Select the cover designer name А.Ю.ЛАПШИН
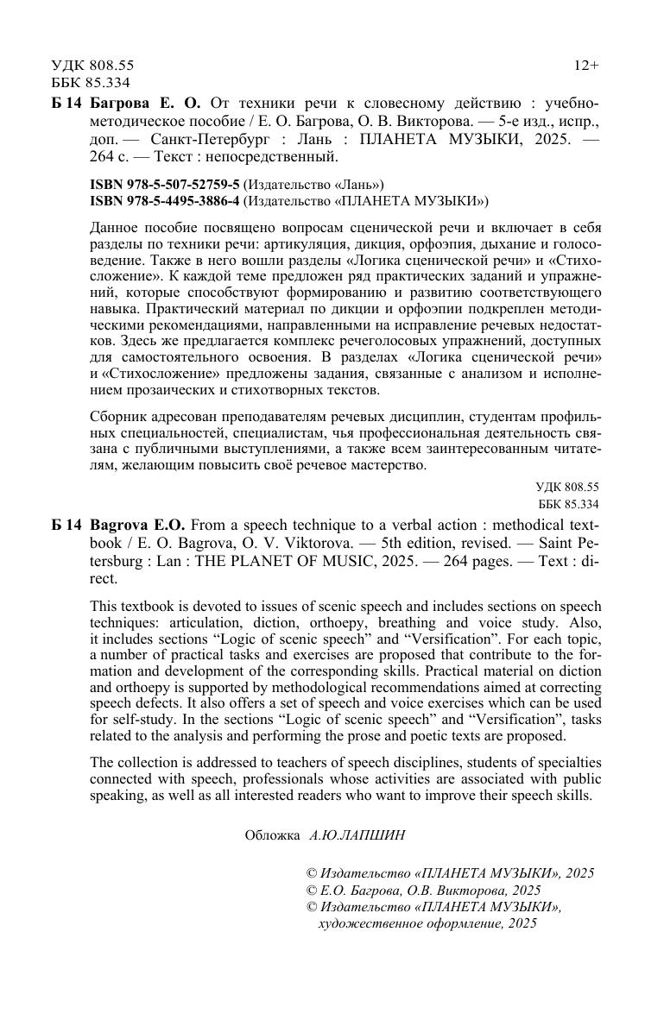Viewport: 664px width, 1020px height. [x=357, y=835]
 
